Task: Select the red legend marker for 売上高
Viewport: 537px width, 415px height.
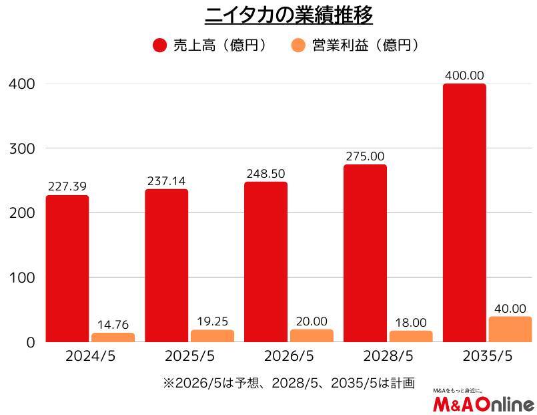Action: [160, 45]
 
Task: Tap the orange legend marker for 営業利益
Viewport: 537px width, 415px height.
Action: [298, 45]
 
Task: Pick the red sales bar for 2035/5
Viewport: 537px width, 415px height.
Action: [464, 213]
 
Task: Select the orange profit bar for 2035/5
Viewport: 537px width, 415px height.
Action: [510, 329]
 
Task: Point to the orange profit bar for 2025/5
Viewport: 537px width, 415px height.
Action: [212, 335]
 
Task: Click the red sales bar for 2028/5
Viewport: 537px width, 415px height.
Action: [365, 253]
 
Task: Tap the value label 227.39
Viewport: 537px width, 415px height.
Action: [67, 186]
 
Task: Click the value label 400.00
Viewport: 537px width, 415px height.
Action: [464, 75]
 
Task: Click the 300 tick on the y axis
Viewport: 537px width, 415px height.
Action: [21, 148]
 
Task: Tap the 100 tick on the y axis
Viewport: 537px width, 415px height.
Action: [21, 277]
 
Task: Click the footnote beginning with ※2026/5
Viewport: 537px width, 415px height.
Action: [288, 384]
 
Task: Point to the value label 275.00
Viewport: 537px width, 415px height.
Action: [365, 156]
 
